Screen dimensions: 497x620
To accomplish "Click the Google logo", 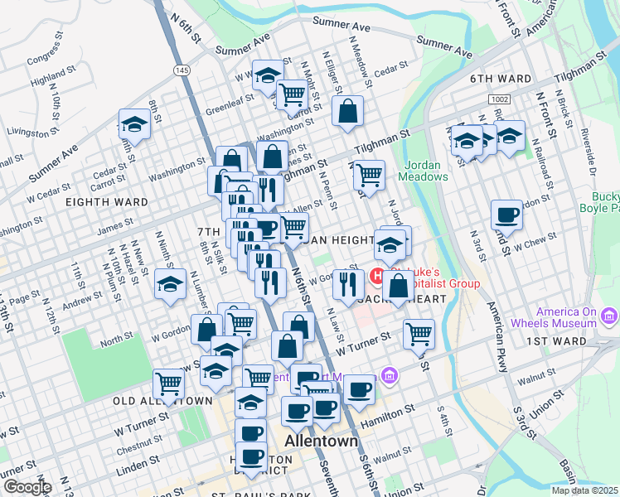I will pos(27,487).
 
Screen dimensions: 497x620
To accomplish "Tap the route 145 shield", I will pos(181,71).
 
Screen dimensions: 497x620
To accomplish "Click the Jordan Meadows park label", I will pos(423,170).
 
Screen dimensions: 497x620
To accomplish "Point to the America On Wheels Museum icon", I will pos(611,316).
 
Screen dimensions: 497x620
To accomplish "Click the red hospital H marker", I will pos(378,276).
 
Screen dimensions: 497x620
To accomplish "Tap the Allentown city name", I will pos(321,441).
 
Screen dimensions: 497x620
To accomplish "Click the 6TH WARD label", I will pos(500,79).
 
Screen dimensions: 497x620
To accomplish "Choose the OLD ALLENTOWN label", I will pos(162,401).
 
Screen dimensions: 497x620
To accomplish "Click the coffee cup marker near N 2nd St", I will pos(506,215).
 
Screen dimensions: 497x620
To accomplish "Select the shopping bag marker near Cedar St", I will pos(348,111).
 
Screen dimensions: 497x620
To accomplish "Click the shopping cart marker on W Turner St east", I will pos(419,335).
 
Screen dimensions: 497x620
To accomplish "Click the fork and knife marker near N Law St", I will pos(347,285).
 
